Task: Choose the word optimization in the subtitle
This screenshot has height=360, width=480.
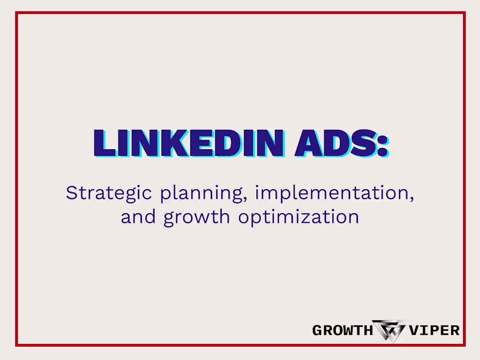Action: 298,217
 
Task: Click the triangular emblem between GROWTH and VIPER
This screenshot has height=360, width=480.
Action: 389,331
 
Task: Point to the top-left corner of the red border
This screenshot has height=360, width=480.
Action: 17,13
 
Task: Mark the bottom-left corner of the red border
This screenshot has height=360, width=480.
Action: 17,345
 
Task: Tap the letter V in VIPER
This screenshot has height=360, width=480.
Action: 414,330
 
